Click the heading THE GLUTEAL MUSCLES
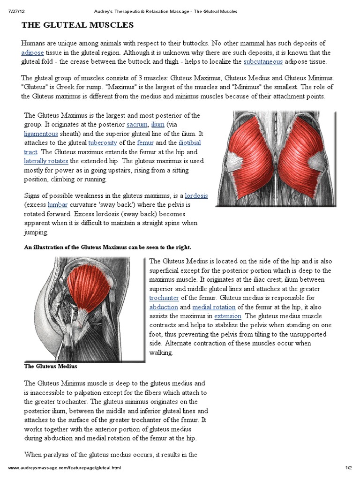point(77,24)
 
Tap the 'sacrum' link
point(136,124)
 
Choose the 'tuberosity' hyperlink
point(103,142)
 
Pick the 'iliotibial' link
point(190,142)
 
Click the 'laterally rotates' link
point(46,161)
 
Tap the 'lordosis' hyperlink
point(196,195)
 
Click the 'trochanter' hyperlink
point(164,298)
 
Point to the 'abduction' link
point(164,307)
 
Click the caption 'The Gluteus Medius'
point(50,366)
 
